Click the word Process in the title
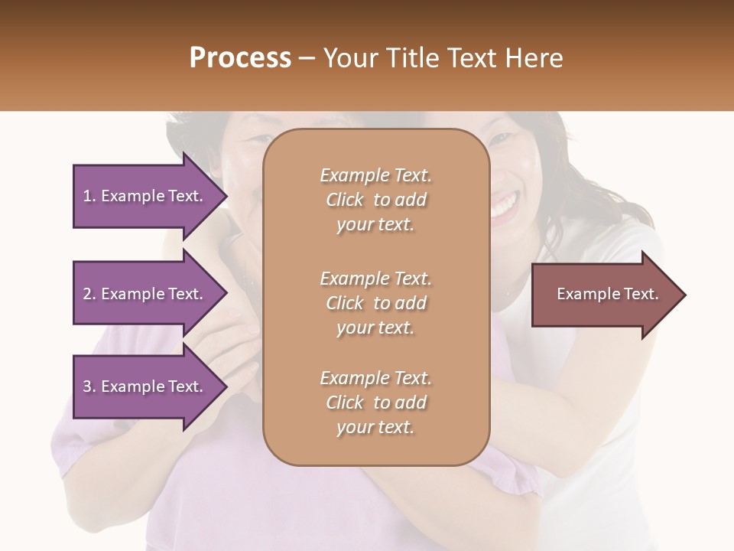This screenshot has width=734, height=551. [240, 58]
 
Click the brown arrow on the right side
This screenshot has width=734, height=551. [604, 295]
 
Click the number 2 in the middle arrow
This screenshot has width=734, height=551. [87, 294]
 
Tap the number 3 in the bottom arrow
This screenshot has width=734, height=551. [87, 386]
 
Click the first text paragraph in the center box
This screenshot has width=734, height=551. [375, 200]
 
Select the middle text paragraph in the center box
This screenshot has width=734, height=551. [375, 303]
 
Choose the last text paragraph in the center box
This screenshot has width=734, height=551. [375, 403]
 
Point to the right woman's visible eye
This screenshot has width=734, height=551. [499, 139]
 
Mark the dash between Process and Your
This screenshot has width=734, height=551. [307, 58]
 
